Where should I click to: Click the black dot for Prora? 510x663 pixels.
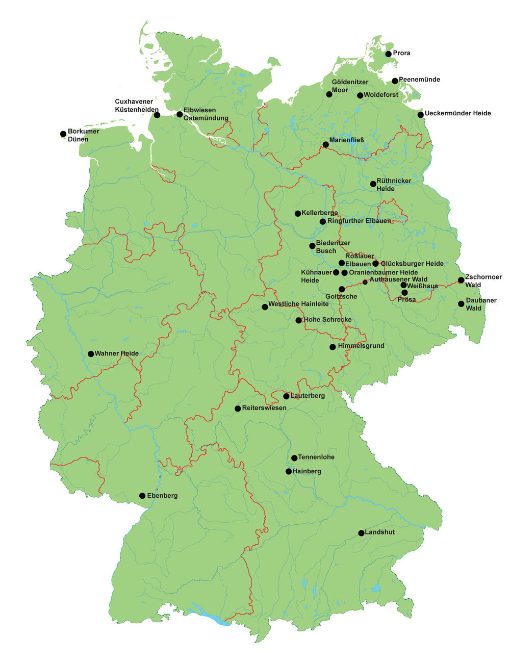pyautogui.click(x=388, y=54)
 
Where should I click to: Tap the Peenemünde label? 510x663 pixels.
pyautogui.click(x=419, y=80)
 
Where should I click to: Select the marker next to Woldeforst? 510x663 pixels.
pyautogui.click(x=360, y=95)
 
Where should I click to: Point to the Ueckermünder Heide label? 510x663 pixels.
pyautogui.click(x=457, y=113)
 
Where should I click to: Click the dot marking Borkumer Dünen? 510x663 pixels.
pyautogui.click(x=63, y=134)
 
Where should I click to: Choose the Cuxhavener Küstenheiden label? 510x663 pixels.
pyautogui.click(x=137, y=106)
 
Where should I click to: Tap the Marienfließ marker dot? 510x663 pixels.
pyautogui.click(x=325, y=144)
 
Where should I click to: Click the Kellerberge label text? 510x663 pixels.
pyautogui.click(x=319, y=213)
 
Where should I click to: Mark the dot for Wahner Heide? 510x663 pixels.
pyautogui.click(x=91, y=354)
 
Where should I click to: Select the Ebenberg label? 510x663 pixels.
pyautogui.click(x=162, y=496)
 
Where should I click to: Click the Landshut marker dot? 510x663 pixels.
pyautogui.click(x=361, y=533)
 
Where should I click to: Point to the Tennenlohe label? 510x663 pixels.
pyautogui.click(x=316, y=457)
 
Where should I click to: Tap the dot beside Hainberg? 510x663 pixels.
pyautogui.click(x=289, y=472)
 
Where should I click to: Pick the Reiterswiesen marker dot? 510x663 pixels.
pyautogui.click(x=238, y=409)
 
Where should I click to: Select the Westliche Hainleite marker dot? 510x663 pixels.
pyautogui.click(x=265, y=307)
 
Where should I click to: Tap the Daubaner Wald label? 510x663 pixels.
pyautogui.click(x=481, y=304)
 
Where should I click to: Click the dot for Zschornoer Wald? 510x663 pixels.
pyautogui.click(x=461, y=280)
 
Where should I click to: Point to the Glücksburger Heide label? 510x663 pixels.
pyautogui.click(x=412, y=264)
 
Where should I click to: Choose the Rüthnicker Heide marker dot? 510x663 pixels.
pyautogui.click(x=373, y=184)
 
